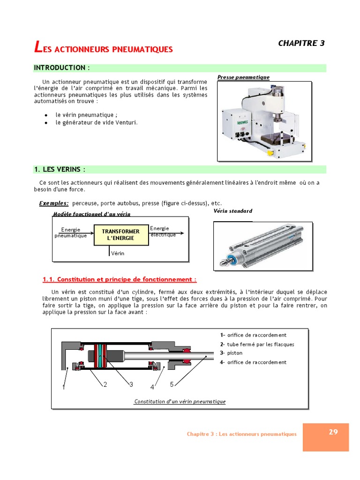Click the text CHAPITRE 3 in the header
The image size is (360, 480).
(301, 43)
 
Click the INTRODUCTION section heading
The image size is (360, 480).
(61, 68)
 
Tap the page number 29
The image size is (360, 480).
(333, 432)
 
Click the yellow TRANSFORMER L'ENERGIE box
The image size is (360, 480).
(120, 235)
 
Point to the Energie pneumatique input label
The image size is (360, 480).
(70, 232)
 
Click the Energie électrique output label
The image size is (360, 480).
(163, 231)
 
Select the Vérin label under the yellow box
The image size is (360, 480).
(118, 253)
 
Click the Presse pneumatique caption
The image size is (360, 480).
(243, 77)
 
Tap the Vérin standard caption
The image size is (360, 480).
(232, 211)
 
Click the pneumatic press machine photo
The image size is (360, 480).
(264, 120)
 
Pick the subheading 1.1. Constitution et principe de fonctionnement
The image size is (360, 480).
(120, 279)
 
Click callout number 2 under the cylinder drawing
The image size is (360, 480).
(105, 384)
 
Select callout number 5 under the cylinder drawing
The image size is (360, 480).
(172, 384)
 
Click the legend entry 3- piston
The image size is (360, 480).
(231, 353)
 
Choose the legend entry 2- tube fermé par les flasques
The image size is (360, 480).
(257, 344)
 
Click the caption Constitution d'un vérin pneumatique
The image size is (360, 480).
(180, 402)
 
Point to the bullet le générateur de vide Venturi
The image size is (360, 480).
(97, 123)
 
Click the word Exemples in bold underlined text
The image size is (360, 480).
(54, 203)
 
